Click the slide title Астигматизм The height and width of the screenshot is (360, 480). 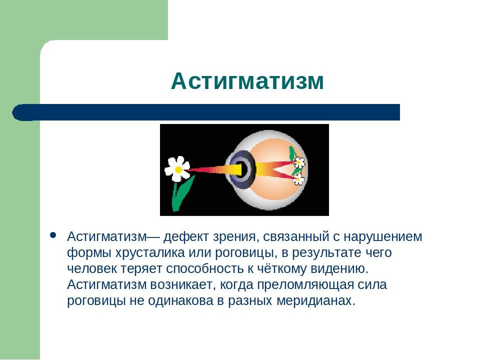[247, 81]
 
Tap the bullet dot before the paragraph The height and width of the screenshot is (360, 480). [53, 235]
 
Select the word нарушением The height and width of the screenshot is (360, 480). [382, 237]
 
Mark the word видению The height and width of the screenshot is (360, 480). [339, 269]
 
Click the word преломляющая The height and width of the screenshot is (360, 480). [305, 285]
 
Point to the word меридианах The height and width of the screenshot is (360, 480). [316, 301]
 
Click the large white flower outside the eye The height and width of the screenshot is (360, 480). [177, 168]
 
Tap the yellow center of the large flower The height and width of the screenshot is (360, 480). [178, 169]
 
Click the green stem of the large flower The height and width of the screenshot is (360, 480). [181, 193]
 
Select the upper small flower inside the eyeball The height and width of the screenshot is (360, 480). [299, 162]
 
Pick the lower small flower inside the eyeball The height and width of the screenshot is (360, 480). [298, 179]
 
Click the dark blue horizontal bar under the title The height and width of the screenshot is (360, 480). [206, 112]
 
